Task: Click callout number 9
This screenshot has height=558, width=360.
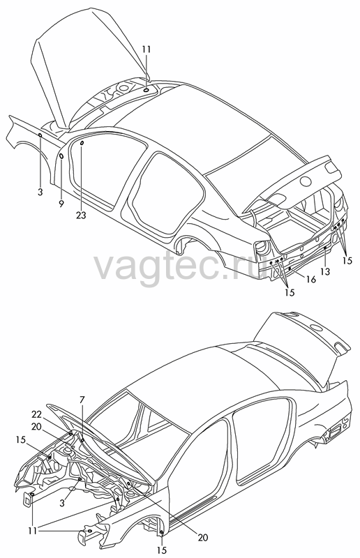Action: [x=61, y=204]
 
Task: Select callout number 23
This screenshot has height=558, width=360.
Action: [x=81, y=215]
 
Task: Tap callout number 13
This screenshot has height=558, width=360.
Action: [x=324, y=271]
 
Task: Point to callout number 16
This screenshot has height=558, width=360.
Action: [x=311, y=280]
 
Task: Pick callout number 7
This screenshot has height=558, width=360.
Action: [x=82, y=400]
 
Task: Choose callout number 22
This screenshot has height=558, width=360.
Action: [x=36, y=414]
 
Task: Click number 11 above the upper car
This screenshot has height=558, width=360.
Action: [x=147, y=49]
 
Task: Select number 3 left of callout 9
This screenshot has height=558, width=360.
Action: [x=40, y=193]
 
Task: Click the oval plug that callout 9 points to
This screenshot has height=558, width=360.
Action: [x=61, y=156]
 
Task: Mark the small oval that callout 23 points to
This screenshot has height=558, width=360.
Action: [x=82, y=143]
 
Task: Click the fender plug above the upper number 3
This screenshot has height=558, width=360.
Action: [x=40, y=135]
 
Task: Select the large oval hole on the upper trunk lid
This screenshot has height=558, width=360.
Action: [x=306, y=181]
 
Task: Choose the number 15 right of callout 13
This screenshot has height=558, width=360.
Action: [x=347, y=261]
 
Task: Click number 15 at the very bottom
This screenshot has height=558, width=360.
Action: [x=161, y=550]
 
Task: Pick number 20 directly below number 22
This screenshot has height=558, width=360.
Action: [x=36, y=426]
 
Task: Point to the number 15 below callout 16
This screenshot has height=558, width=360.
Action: [x=290, y=292]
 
